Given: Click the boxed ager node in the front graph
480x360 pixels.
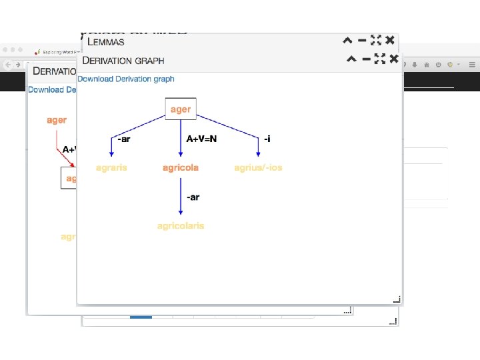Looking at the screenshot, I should pyautogui.click(x=181, y=109).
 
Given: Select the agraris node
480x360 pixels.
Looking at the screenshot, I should pyautogui.click(x=111, y=167).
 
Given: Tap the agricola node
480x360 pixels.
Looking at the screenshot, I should pyautogui.click(x=181, y=167).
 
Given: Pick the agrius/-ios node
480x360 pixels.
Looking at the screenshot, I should pyautogui.click(x=258, y=167).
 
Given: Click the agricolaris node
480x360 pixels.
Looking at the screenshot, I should pyautogui.click(x=181, y=225).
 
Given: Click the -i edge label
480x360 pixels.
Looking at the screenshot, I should pyautogui.click(x=267, y=139).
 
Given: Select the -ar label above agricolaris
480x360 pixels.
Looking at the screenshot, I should pyautogui.click(x=193, y=197).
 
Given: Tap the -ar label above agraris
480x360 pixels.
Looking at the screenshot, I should pyautogui.click(x=123, y=139).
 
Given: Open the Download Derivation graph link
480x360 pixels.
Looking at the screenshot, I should pyautogui.click(x=126, y=79).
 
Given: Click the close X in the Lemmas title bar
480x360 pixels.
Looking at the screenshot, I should pyautogui.click(x=391, y=40).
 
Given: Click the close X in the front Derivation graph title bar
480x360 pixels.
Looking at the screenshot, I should pyautogui.click(x=393, y=59).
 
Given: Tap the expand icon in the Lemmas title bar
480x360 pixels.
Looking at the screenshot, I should pyautogui.click(x=375, y=40).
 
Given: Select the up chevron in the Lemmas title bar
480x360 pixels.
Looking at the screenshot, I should pyautogui.click(x=347, y=40).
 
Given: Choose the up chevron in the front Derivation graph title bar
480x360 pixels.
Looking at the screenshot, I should pyautogui.click(x=351, y=59).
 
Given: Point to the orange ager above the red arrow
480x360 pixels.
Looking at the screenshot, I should pyautogui.click(x=57, y=120).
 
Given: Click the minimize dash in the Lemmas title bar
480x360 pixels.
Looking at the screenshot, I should pyautogui.click(x=361, y=40).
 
